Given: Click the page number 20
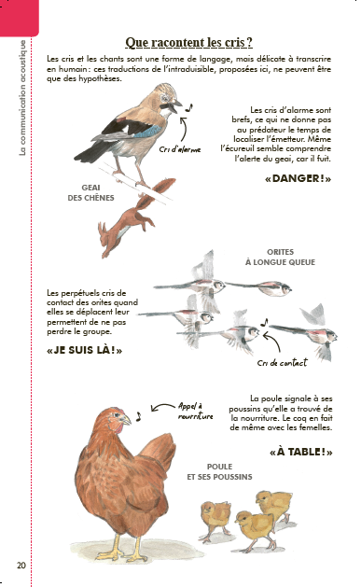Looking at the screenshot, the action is (x=21, y=565).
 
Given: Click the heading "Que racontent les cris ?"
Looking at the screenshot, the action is (x=189, y=42).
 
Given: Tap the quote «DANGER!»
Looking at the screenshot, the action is (x=298, y=178).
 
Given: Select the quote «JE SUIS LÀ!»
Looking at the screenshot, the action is (x=85, y=350).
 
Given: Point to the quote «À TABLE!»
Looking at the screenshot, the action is (x=300, y=452).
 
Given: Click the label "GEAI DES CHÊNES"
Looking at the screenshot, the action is (x=90, y=193).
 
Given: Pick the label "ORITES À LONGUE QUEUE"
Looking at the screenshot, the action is (x=280, y=258).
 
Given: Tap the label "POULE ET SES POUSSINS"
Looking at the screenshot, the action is (x=219, y=471).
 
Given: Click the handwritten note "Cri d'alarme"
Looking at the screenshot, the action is (x=180, y=149).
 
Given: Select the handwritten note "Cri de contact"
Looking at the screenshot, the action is (x=282, y=362).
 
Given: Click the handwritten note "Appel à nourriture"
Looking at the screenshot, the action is (x=195, y=411).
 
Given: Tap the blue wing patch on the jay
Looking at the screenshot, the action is (x=147, y=132).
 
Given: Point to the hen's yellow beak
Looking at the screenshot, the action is (x=126, y=420).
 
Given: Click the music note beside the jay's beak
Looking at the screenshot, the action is (x=188, y=108).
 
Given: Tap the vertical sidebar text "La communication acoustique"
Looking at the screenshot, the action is (x=22, y=98).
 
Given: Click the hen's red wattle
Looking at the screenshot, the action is (x=118, y=429).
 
